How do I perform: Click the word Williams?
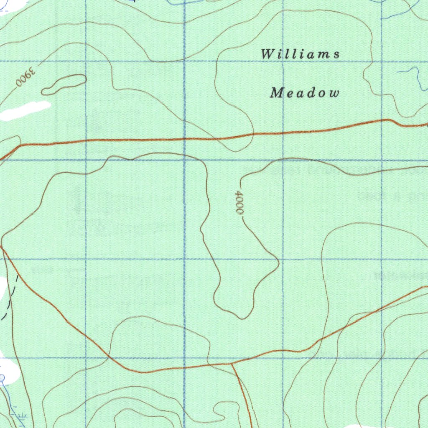click(x=301, y=54)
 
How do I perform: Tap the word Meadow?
click(x=304, y=93)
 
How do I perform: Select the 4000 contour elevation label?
click(x=239, y=203)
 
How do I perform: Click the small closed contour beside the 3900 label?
click(x=64, y=84)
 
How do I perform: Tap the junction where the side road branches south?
click(x=232, y=364)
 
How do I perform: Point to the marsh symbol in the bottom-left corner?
click(x=21, y=416)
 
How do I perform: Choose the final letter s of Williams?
click(x=336, y=54)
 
